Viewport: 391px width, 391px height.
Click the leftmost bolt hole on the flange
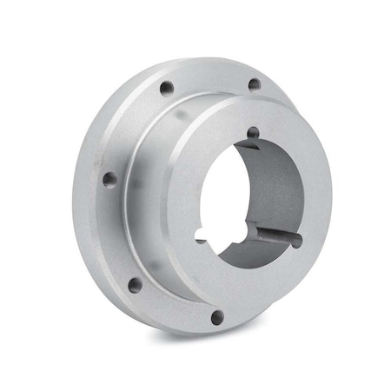pyautogui.click(x=109, y=180)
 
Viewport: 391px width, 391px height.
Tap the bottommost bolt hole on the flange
pyautogui.click(x=217, y=317)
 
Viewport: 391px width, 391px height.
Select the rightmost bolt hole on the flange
pyautogui.click(x=254, y=85)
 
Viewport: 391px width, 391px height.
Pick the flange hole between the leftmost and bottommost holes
pyautogui.click(x=135, y=284)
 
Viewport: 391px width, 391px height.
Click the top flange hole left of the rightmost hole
pyautogui.click(x=164, y=87)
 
